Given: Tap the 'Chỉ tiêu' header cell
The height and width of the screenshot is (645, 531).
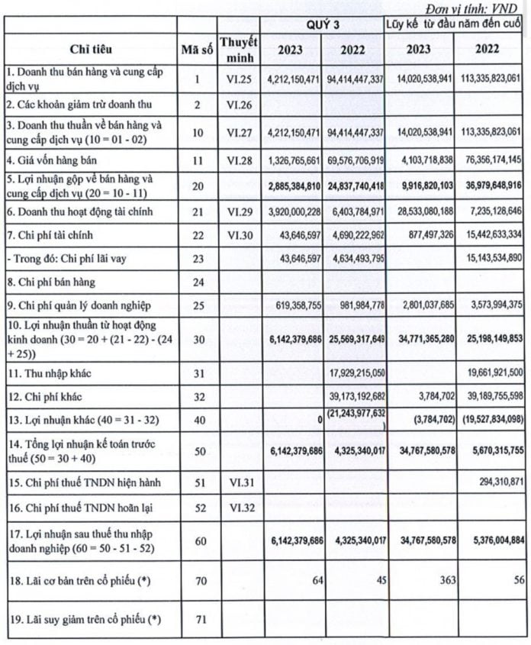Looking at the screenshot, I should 90,50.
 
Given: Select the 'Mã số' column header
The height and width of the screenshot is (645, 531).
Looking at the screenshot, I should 196,50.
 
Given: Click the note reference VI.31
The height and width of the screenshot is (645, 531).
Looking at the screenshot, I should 238,482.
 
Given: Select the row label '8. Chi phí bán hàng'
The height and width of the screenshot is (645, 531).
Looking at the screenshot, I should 50,282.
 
